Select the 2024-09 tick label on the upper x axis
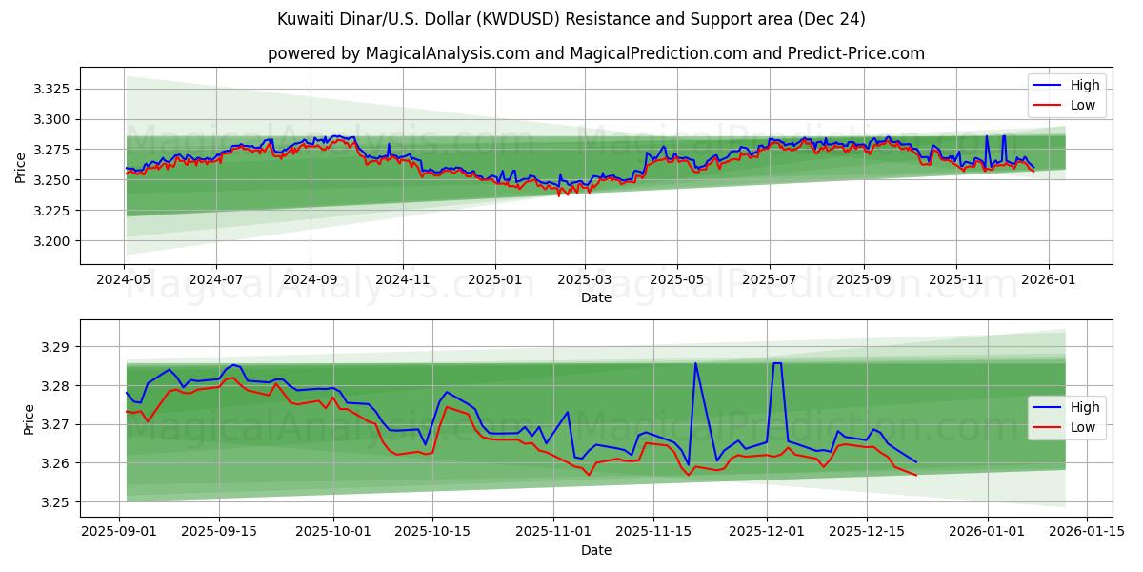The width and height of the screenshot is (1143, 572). coord(310,279)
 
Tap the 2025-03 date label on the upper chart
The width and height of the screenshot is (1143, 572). coord(585,279)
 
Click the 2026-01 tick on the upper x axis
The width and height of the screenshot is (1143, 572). coord(1049,279)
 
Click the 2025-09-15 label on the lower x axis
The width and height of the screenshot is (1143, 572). coord(219,532)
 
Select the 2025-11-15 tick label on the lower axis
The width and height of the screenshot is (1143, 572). coord(652,532)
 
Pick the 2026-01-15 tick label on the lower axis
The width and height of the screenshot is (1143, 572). coord(1087,532)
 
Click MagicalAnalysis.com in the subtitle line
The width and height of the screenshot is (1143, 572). coord(448,53)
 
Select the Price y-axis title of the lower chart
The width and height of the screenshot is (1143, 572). coord(30,419)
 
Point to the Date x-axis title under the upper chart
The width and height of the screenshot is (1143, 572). coord(596,297)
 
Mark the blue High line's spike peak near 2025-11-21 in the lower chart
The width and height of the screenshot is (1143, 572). coord(695,363)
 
